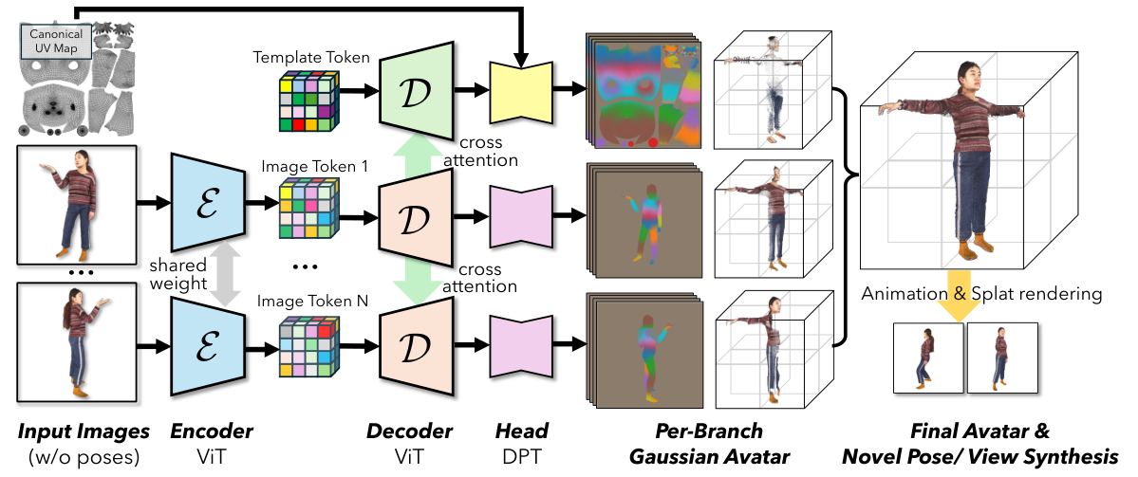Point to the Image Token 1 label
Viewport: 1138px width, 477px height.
(x=311, y=166)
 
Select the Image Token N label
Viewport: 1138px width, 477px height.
(x=311, y=303)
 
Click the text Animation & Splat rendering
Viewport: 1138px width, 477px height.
(x=981, y=294)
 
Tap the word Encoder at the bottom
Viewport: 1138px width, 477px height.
(x=212, y=431)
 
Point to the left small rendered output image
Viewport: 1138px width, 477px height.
(x=928, y=357)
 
